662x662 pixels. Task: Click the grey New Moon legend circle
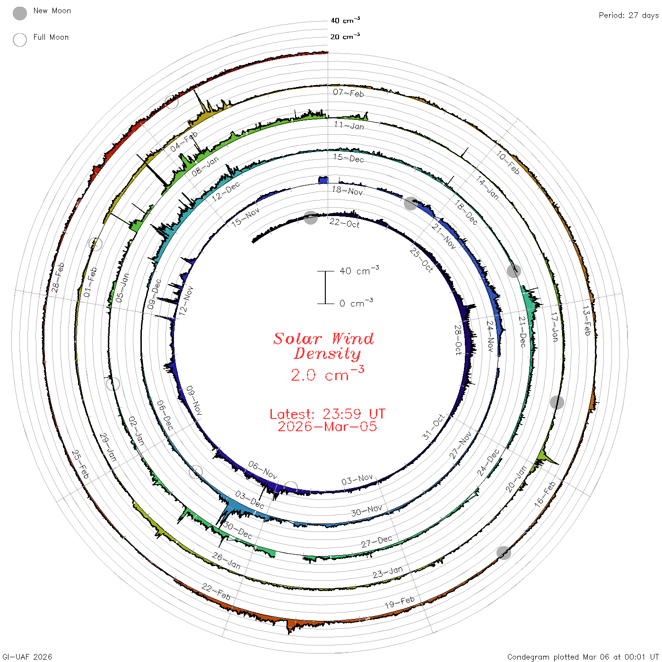(x=20, y=13)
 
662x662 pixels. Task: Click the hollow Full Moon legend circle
(x=20, y=40)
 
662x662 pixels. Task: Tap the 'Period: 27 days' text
(x=628, y=16)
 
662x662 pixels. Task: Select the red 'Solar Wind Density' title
(x=323, y=346)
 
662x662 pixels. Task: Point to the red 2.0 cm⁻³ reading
(x=327, y=374)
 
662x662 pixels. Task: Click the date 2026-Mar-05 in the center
(x=327, y=427)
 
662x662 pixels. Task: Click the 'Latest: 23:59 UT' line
(x=327, y=414)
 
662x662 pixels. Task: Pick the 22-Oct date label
(x=345, y=223)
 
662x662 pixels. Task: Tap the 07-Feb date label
(x=348, y=93)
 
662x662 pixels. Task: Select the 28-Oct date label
(x=458, y=340)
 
